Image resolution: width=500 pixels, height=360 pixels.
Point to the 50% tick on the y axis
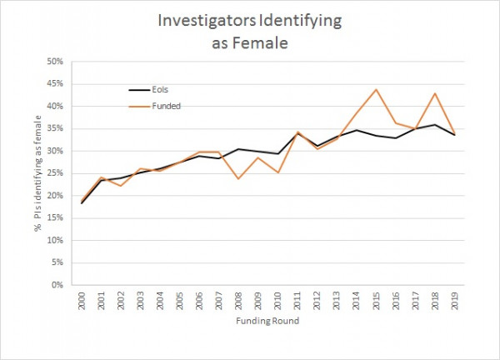(53, 62)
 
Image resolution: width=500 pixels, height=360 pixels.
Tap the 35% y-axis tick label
(53, 128)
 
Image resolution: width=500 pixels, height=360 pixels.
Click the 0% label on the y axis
(56, 285)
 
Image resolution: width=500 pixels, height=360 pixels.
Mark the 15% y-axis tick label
(53, 217)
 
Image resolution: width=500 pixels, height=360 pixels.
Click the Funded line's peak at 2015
(376, 89)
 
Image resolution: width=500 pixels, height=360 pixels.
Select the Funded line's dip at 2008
(239, 178)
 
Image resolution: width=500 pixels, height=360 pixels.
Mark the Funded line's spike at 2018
(434, 93)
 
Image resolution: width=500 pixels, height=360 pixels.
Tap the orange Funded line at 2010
(278, 172)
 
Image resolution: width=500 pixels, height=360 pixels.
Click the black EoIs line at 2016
(395, 137)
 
